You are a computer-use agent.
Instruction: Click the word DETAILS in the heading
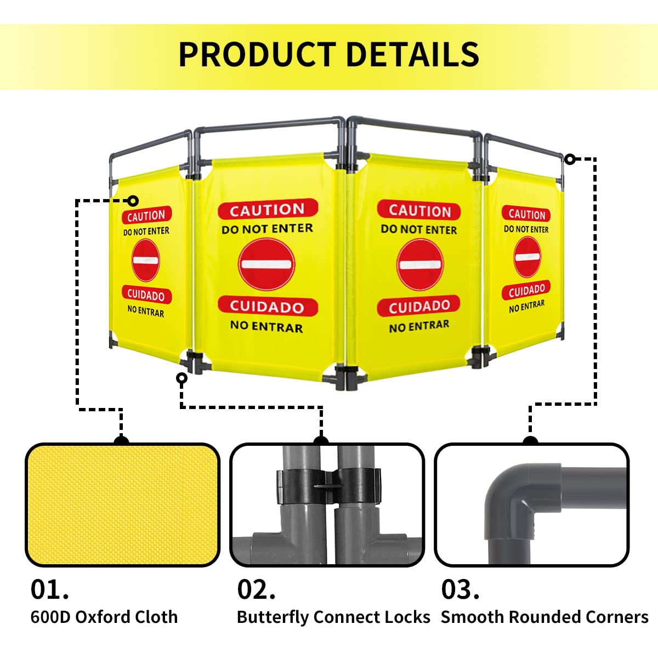[x=413, y=54]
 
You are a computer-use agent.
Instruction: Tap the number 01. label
[x=49, y=589]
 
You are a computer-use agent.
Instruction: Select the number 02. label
[x=256, y=589]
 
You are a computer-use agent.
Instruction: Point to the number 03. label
[x=460, y=589]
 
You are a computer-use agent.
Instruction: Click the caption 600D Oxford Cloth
[x=104, y=617]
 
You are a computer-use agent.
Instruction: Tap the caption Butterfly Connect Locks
[x=333, y=617]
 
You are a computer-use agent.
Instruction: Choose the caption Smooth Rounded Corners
[x=544, y=617]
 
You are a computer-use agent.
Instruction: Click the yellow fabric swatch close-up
[x=123, y=505]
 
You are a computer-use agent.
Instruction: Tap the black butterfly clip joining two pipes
[x=328, y=486]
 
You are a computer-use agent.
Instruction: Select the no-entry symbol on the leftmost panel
[x=146, y=260]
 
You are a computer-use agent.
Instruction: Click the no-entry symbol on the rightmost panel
[x=527, y=257]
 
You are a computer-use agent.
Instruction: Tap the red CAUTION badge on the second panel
[x=268, y=209]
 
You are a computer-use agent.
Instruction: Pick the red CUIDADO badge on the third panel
[x=418, y=306]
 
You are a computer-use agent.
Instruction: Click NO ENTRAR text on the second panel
[x=266, y=326]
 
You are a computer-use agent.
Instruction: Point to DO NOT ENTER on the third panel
[x=419, y=229]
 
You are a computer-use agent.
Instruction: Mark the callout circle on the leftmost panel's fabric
[x=133, y=201]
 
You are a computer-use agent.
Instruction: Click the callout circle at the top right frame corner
[x=570, y=159]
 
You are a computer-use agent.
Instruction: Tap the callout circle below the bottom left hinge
[x=181, y=378]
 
